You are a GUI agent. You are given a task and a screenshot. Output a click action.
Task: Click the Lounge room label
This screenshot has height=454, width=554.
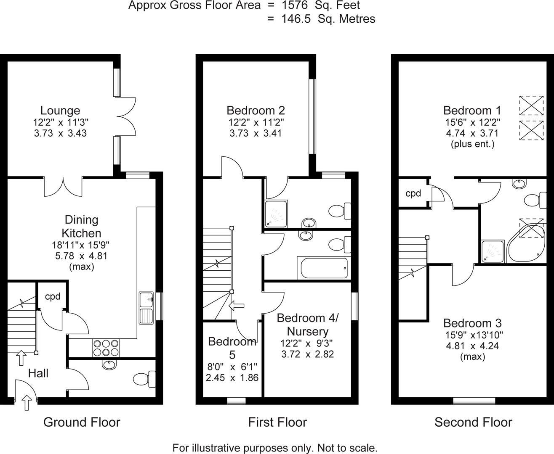(x=60, y=111)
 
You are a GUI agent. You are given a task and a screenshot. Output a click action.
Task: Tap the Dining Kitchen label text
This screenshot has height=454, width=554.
(x=81, y=226)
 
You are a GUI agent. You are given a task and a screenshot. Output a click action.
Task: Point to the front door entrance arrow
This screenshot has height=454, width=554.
(x=27, y=402)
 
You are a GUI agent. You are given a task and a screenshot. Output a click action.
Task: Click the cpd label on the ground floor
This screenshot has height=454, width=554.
(x=53, y=296)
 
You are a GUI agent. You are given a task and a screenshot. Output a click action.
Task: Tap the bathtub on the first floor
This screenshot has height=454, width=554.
(x=322, y=268)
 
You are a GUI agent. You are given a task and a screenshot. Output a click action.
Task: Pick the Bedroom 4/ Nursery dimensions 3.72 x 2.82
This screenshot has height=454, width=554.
(x=307, y=354)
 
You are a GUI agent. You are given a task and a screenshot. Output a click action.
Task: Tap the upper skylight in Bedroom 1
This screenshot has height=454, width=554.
(x=531, y=105)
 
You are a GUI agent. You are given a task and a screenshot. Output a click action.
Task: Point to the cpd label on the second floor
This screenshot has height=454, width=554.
(x=413, y=193)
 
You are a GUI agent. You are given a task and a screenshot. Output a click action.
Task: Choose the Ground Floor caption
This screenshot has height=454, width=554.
(x=82, y=422)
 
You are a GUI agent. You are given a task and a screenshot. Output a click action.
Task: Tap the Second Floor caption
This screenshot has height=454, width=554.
(x=473, y=422)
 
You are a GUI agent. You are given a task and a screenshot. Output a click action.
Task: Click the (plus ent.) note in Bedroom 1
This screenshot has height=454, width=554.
(x=472, y=144)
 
